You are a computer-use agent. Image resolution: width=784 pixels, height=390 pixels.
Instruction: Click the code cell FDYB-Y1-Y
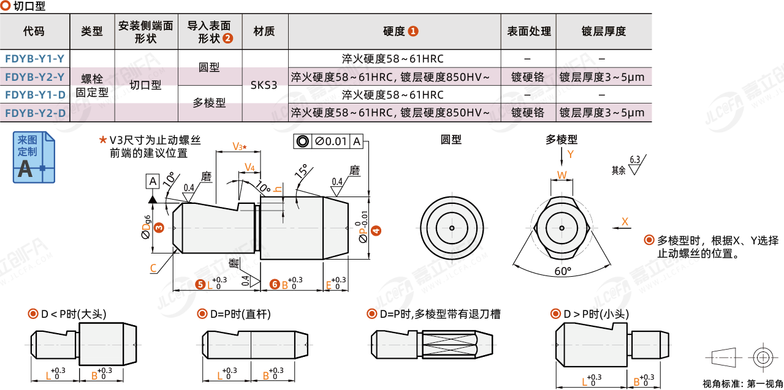[34, 59]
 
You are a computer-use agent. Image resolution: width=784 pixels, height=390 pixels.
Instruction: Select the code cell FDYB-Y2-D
[34, 113]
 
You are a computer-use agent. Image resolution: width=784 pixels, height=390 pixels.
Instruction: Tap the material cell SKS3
[264, 85]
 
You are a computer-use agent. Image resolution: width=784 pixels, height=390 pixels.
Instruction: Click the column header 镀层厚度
[603, 31]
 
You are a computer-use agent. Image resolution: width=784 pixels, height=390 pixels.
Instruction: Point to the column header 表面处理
[528, 31]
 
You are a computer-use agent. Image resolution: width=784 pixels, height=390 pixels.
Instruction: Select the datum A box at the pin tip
[153, 181]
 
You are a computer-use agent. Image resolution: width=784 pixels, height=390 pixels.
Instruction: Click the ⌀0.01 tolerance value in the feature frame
[331, 141]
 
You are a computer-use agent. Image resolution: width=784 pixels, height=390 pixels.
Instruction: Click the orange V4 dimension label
[249, 167]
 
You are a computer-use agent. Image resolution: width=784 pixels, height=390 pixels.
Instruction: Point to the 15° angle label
[301, 171]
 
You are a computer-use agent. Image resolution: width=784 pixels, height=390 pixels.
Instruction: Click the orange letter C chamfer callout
[153, 268]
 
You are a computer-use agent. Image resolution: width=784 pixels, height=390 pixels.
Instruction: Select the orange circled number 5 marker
[200, 284]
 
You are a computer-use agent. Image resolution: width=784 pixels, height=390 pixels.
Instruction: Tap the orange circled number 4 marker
[376, 231]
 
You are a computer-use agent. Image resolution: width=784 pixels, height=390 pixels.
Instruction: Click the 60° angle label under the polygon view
[562, 271]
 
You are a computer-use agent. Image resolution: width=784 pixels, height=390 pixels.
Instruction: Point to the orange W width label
[561, 175]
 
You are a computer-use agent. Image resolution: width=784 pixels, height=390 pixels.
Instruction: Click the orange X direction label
[625, 221]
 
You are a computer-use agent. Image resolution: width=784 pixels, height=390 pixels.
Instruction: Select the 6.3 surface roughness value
[634, 159]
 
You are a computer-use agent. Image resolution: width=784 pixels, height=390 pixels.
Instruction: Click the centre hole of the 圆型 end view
[451, 228]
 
